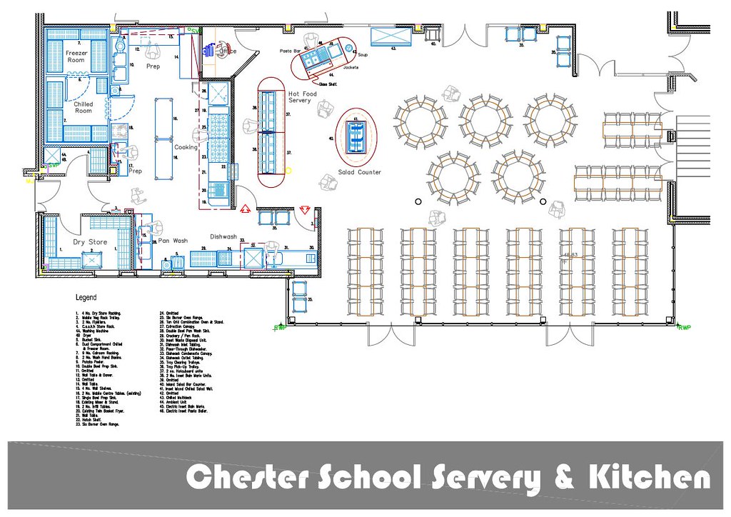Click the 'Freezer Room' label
coord(76,56)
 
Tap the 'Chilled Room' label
coord(84,107)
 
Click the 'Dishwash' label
coord(223,236)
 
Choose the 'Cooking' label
coord(186,147)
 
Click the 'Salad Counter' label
coord(360,172)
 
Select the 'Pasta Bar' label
coord(291,51)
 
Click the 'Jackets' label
coord(351,67)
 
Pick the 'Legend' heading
coord(86,297)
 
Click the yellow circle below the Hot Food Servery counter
coord(289,170)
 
